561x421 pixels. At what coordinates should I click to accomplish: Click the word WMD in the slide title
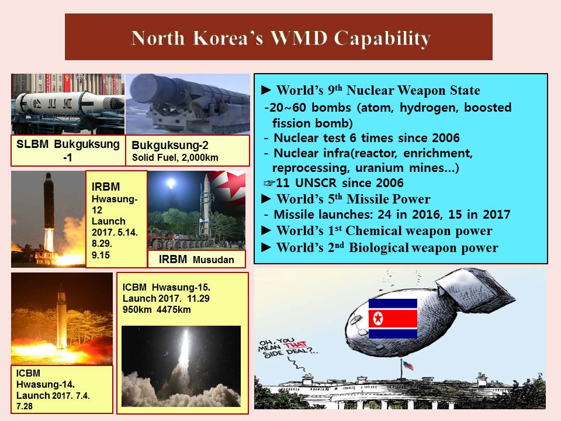[x=299, y=38]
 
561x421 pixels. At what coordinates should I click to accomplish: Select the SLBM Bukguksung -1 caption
[x=68, y=150]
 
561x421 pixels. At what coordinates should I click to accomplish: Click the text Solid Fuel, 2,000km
[x=175, y=157]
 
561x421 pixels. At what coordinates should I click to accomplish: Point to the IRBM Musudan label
[x=196, y=259]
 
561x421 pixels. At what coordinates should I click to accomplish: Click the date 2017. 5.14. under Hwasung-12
[x=115, y=232]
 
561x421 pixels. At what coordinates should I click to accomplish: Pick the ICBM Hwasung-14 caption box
[x=62, y=389]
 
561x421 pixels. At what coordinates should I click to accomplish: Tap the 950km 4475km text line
[x=157, y=309]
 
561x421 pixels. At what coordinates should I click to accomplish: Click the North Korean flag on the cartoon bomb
[x=393, y=319]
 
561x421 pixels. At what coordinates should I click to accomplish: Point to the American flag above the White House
[x=408, y=365]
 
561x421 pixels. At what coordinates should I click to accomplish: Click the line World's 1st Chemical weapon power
[x=377, y=230]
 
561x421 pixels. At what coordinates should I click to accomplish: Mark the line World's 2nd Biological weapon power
[x=380, y=248]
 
